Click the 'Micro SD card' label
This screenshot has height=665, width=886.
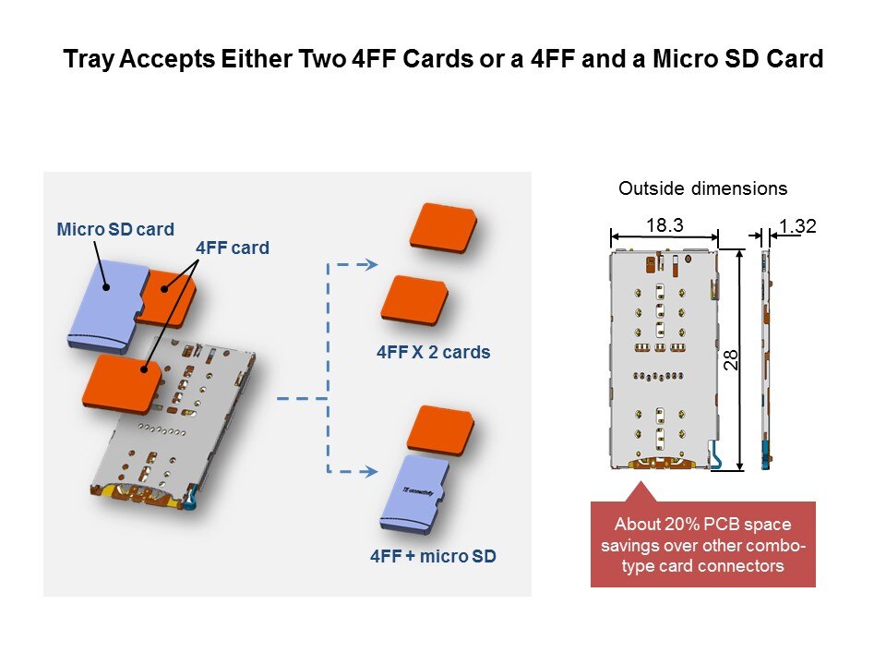115,228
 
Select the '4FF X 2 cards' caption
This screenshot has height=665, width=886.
433,352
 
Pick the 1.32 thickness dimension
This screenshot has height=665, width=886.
796,226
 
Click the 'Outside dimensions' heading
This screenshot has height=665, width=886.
702,188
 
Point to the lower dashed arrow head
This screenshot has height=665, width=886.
368,472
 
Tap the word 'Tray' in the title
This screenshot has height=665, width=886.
86,61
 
